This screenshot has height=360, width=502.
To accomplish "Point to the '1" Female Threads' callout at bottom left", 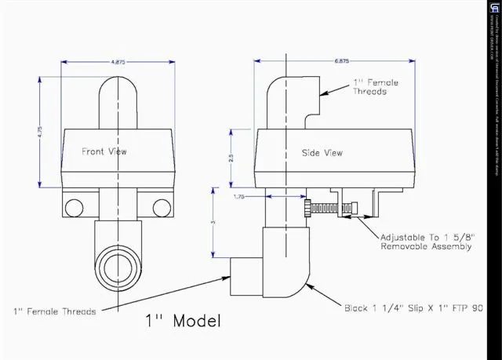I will [54, 311].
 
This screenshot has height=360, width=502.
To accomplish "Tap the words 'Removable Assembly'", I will [426, 247].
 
